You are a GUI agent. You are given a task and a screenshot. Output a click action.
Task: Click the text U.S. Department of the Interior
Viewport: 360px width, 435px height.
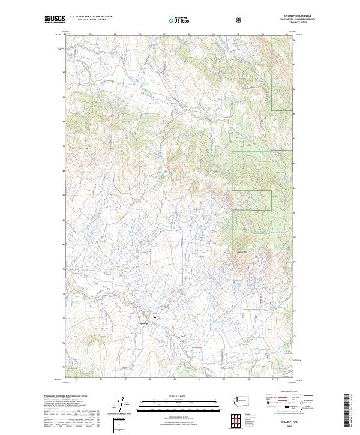click(x=91, y=17)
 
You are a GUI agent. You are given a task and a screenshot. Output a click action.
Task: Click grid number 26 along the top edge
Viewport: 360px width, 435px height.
click(x=90, y=34)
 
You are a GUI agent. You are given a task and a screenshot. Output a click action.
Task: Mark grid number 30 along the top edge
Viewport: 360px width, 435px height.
click(x=188, y=34)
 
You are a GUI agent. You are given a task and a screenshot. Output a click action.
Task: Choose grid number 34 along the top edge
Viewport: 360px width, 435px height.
click(x=287, y=34)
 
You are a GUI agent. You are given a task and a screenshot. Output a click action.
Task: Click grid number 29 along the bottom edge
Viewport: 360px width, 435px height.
click(x=174, y=380)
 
